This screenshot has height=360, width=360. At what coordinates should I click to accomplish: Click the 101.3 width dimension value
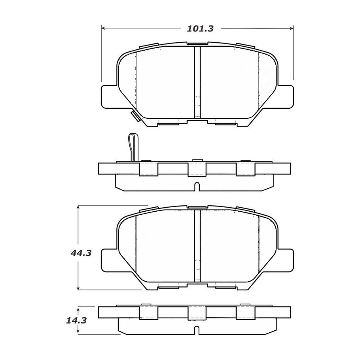200,29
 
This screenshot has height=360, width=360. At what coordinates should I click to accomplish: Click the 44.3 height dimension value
81,253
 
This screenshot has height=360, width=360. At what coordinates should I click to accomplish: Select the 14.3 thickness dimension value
76,320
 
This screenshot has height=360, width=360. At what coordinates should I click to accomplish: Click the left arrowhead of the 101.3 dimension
103,28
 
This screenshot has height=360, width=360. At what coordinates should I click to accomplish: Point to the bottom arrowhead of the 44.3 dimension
78,288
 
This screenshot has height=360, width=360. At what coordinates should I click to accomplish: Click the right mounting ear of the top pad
285,97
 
